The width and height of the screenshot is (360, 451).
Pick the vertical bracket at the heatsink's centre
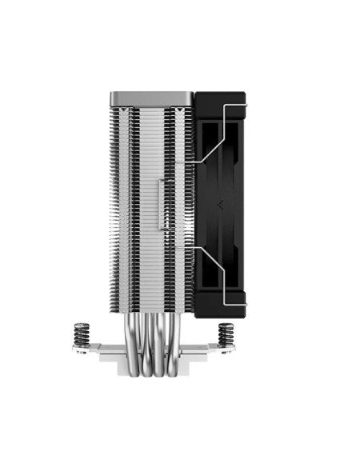[165, 205]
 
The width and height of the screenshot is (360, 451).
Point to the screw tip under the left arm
[81, 354]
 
